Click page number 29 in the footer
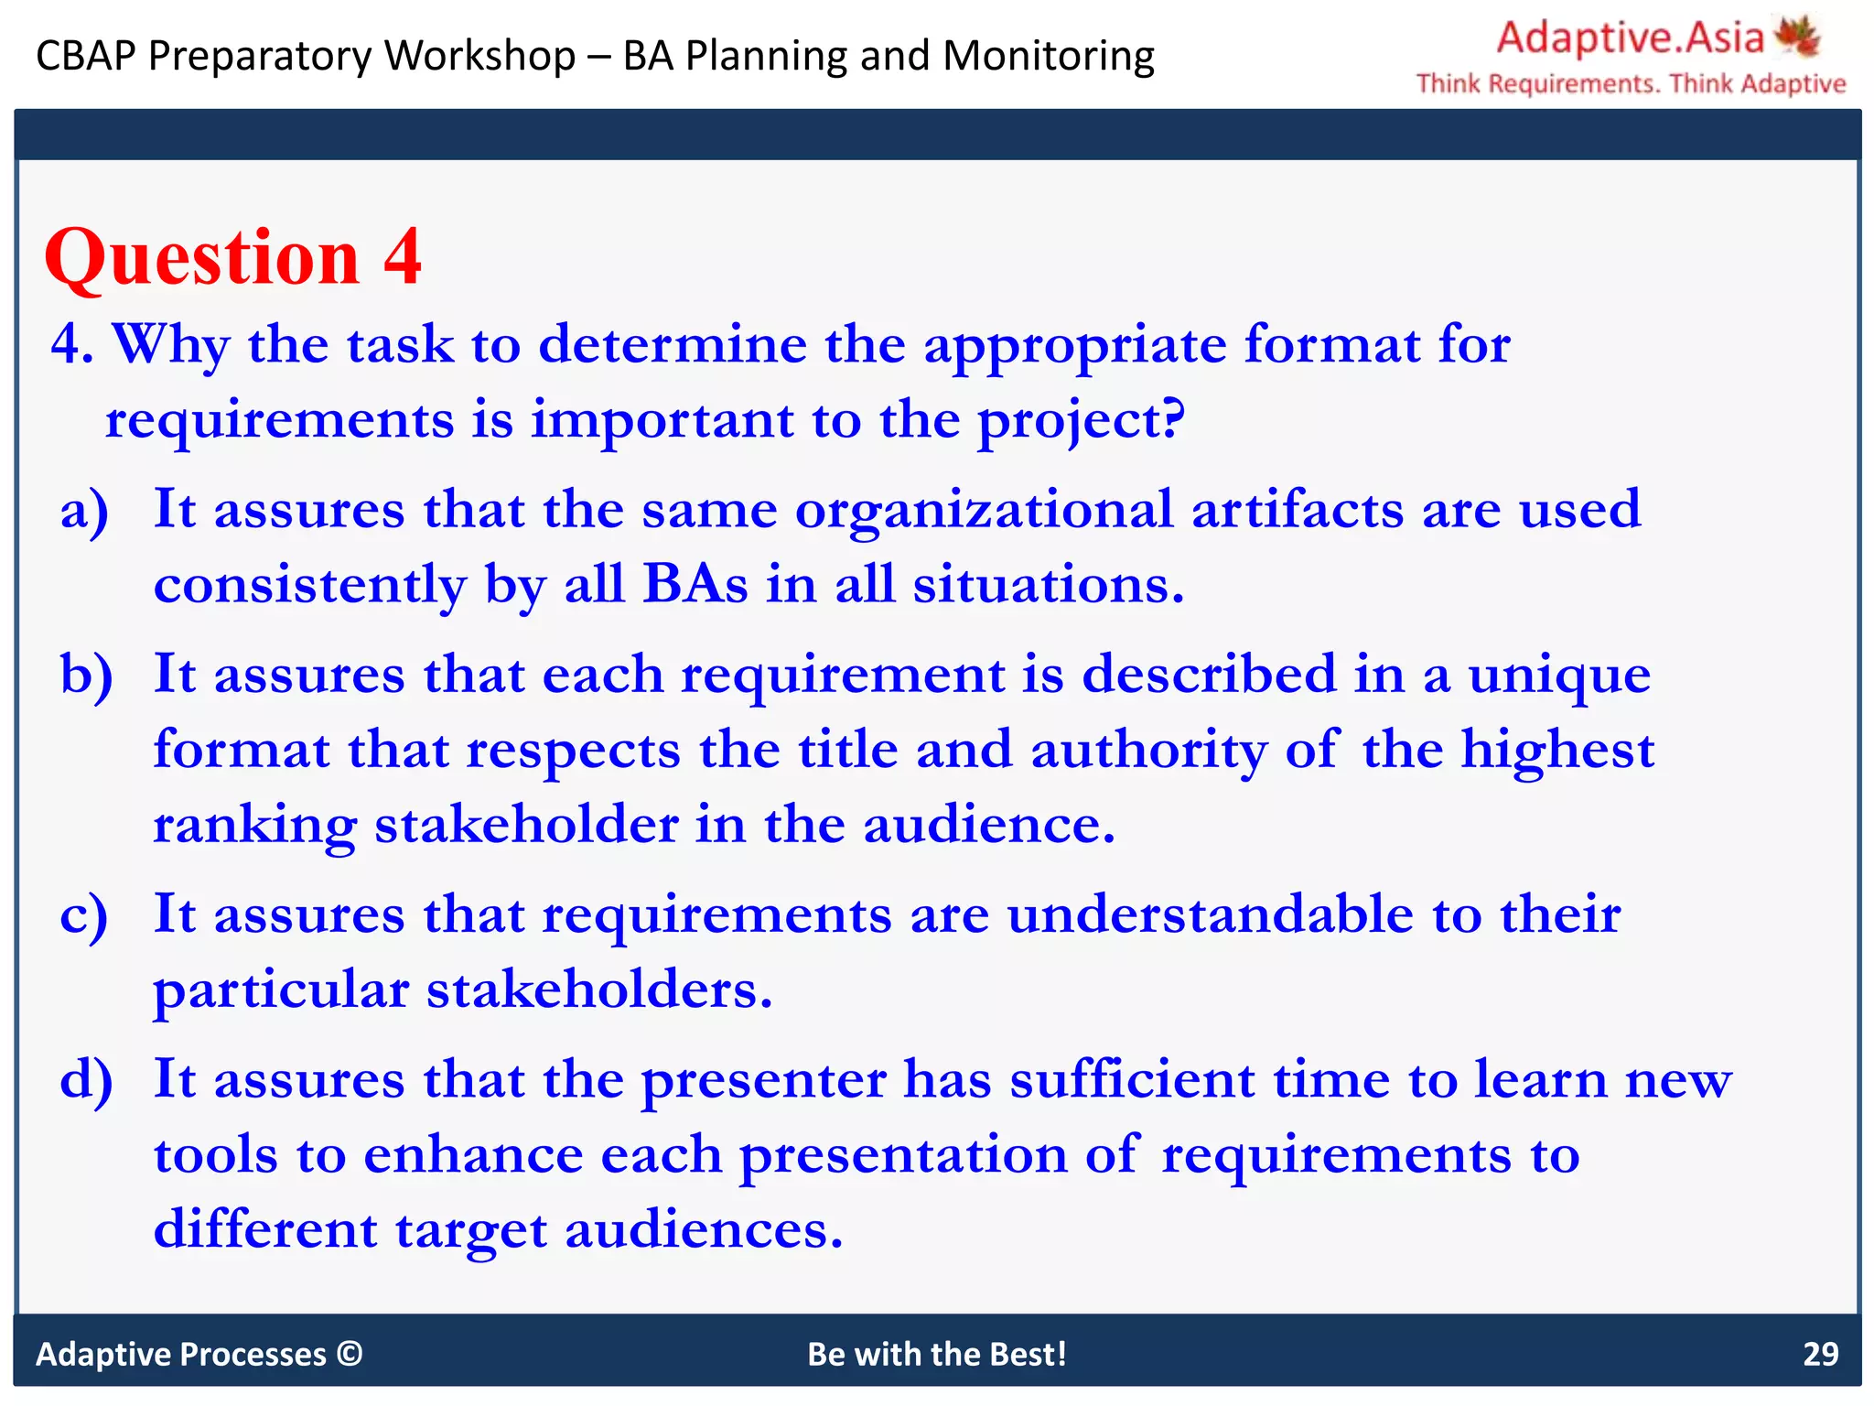(1820, 1354)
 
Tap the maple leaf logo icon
(1797, 37)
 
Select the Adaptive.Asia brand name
(1630, 38)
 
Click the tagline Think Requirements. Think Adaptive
(1631, 84)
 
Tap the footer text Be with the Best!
(937, 1354)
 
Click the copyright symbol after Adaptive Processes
(350, 1353)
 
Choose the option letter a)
(84, 511)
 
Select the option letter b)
(86, 675)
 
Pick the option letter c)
(83, 915)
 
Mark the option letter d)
(86, 1079)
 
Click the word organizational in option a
(984, 511)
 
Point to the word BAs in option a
(695, 584)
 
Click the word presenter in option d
(763, 1081)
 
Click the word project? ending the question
(1081, 422)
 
